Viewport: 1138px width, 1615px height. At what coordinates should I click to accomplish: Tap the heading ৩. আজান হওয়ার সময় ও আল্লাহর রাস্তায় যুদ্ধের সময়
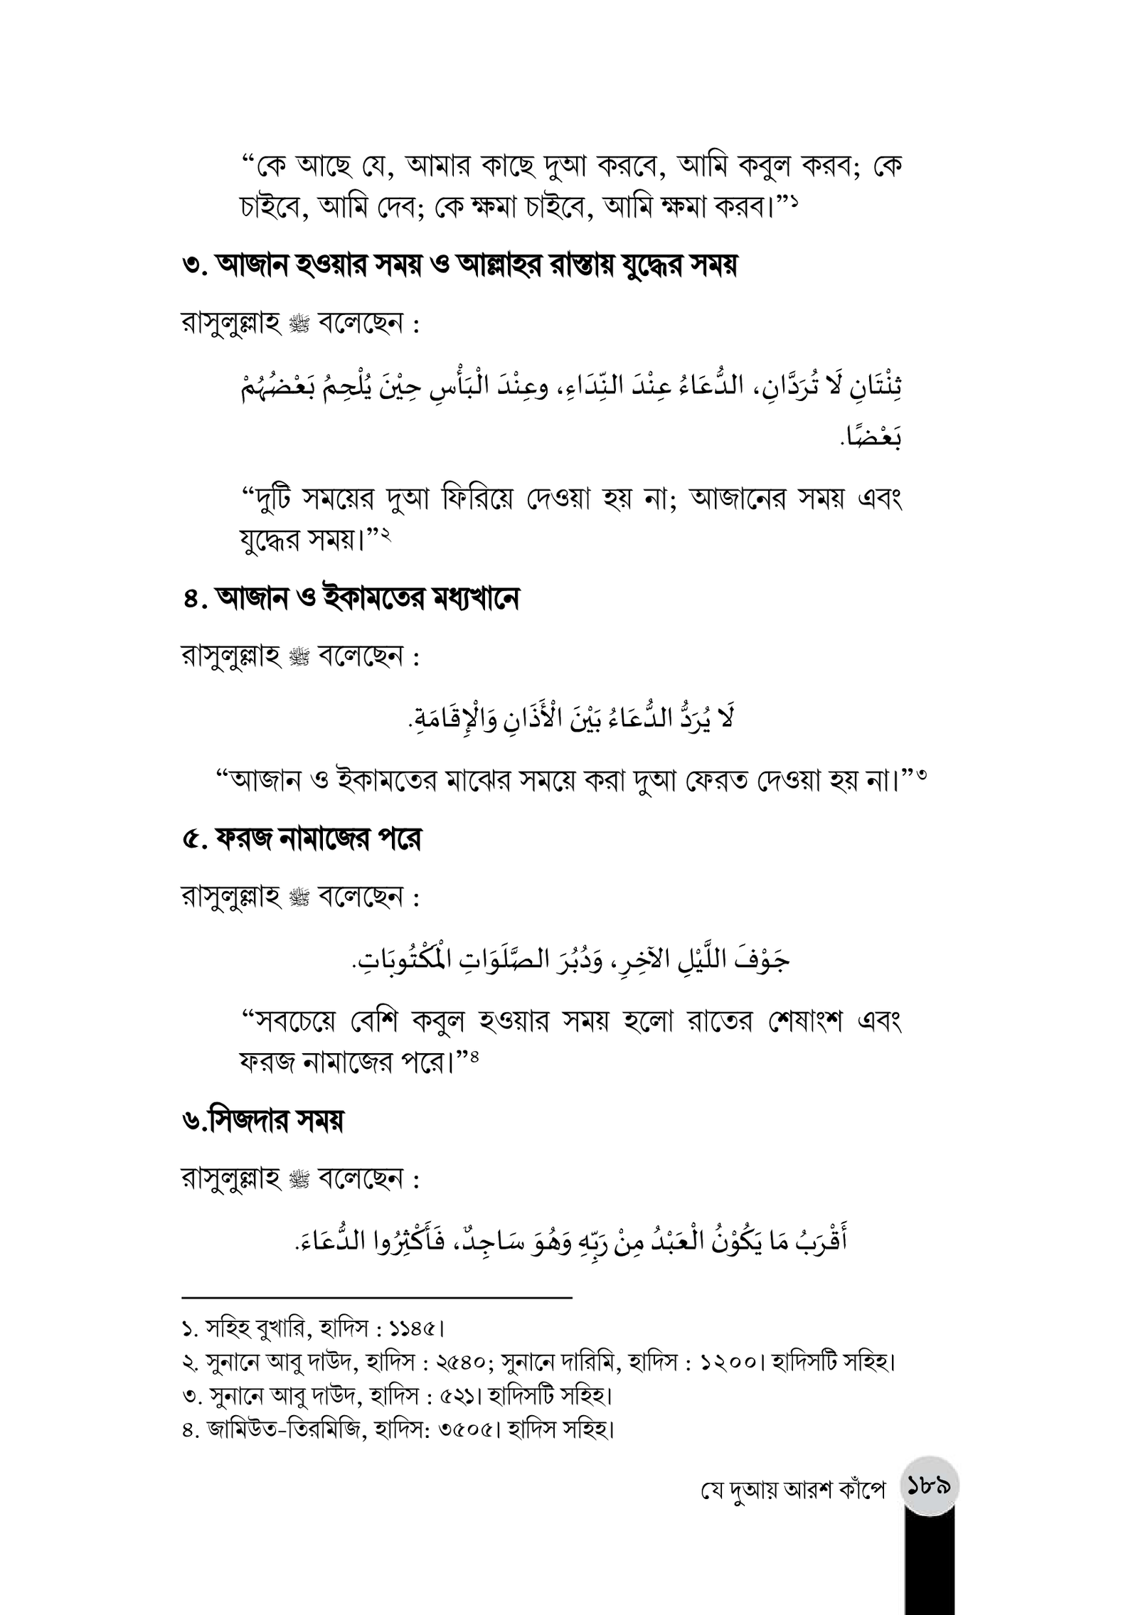click(459, 266)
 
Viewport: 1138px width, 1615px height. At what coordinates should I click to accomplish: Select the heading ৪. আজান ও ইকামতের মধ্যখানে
click(350, 598)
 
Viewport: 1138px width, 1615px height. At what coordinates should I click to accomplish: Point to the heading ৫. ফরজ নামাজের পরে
click(302, 839)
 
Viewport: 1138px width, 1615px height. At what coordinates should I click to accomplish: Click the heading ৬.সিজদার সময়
click(262, 1121)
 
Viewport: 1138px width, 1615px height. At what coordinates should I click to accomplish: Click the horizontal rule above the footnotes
click(377, 1298)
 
